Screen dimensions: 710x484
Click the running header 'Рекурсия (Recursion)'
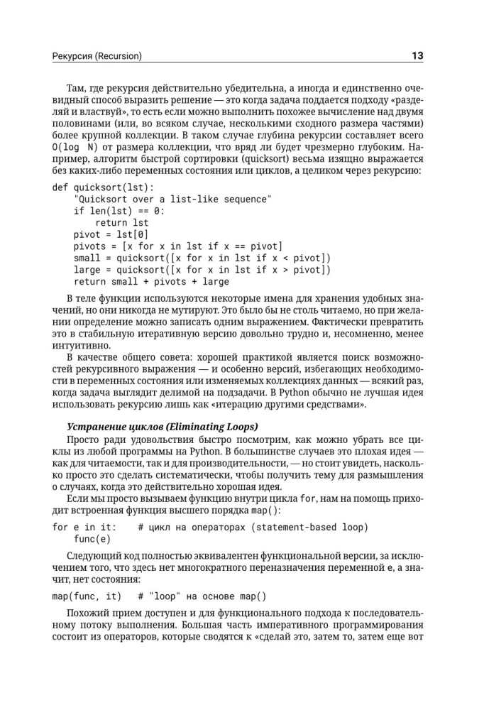97,56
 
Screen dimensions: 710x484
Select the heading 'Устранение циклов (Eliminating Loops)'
162,427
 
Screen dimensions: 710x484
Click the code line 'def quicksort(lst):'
103,187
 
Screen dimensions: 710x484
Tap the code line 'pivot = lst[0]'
111,234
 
